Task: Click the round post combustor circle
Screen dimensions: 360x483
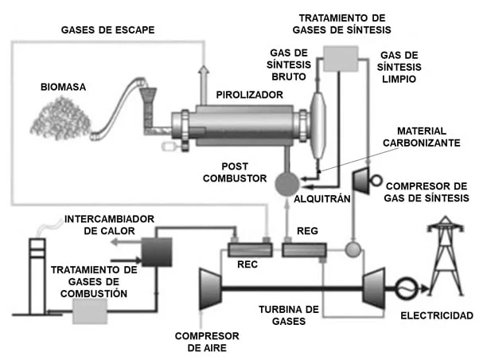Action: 285,185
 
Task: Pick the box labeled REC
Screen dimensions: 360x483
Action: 247,250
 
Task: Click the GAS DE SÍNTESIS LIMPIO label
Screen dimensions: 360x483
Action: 395,68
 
